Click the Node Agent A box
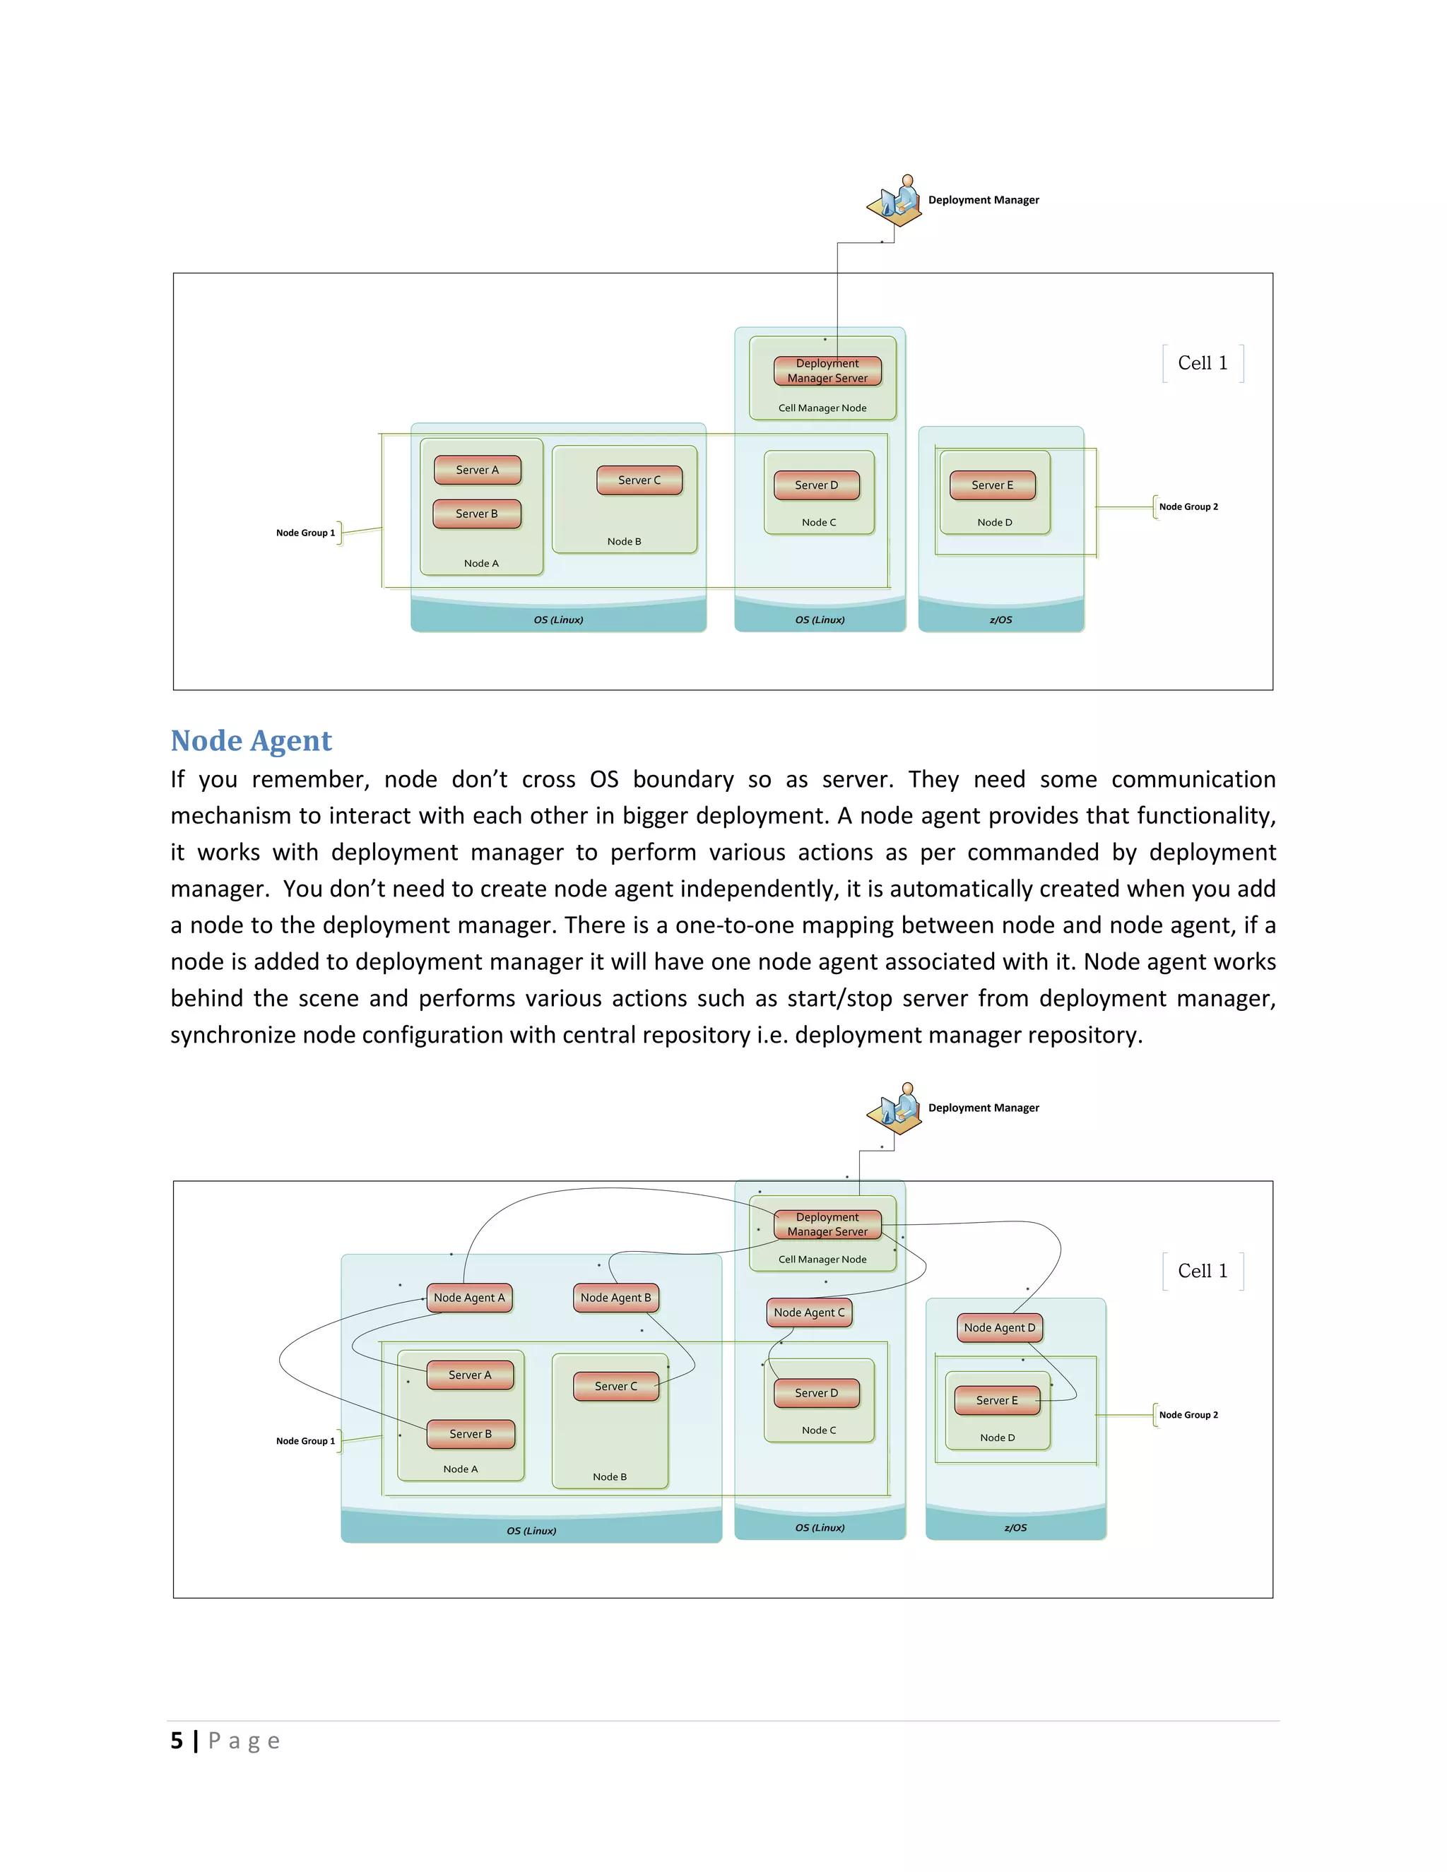469,1298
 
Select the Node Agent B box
615,1298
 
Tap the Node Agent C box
808,1313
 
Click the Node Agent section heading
250,740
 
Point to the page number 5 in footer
177,1741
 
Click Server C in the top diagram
639,480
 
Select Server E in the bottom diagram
997,1401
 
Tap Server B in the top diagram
477,514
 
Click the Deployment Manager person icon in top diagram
896,201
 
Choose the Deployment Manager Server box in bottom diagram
827,1224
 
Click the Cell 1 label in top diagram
1202,362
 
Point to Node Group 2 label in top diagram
1188,506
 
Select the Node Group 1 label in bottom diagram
305,1441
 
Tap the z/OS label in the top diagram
1000,620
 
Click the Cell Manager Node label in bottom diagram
822,1259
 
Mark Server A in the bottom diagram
470,1375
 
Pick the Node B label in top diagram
624,542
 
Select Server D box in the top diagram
816,485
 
